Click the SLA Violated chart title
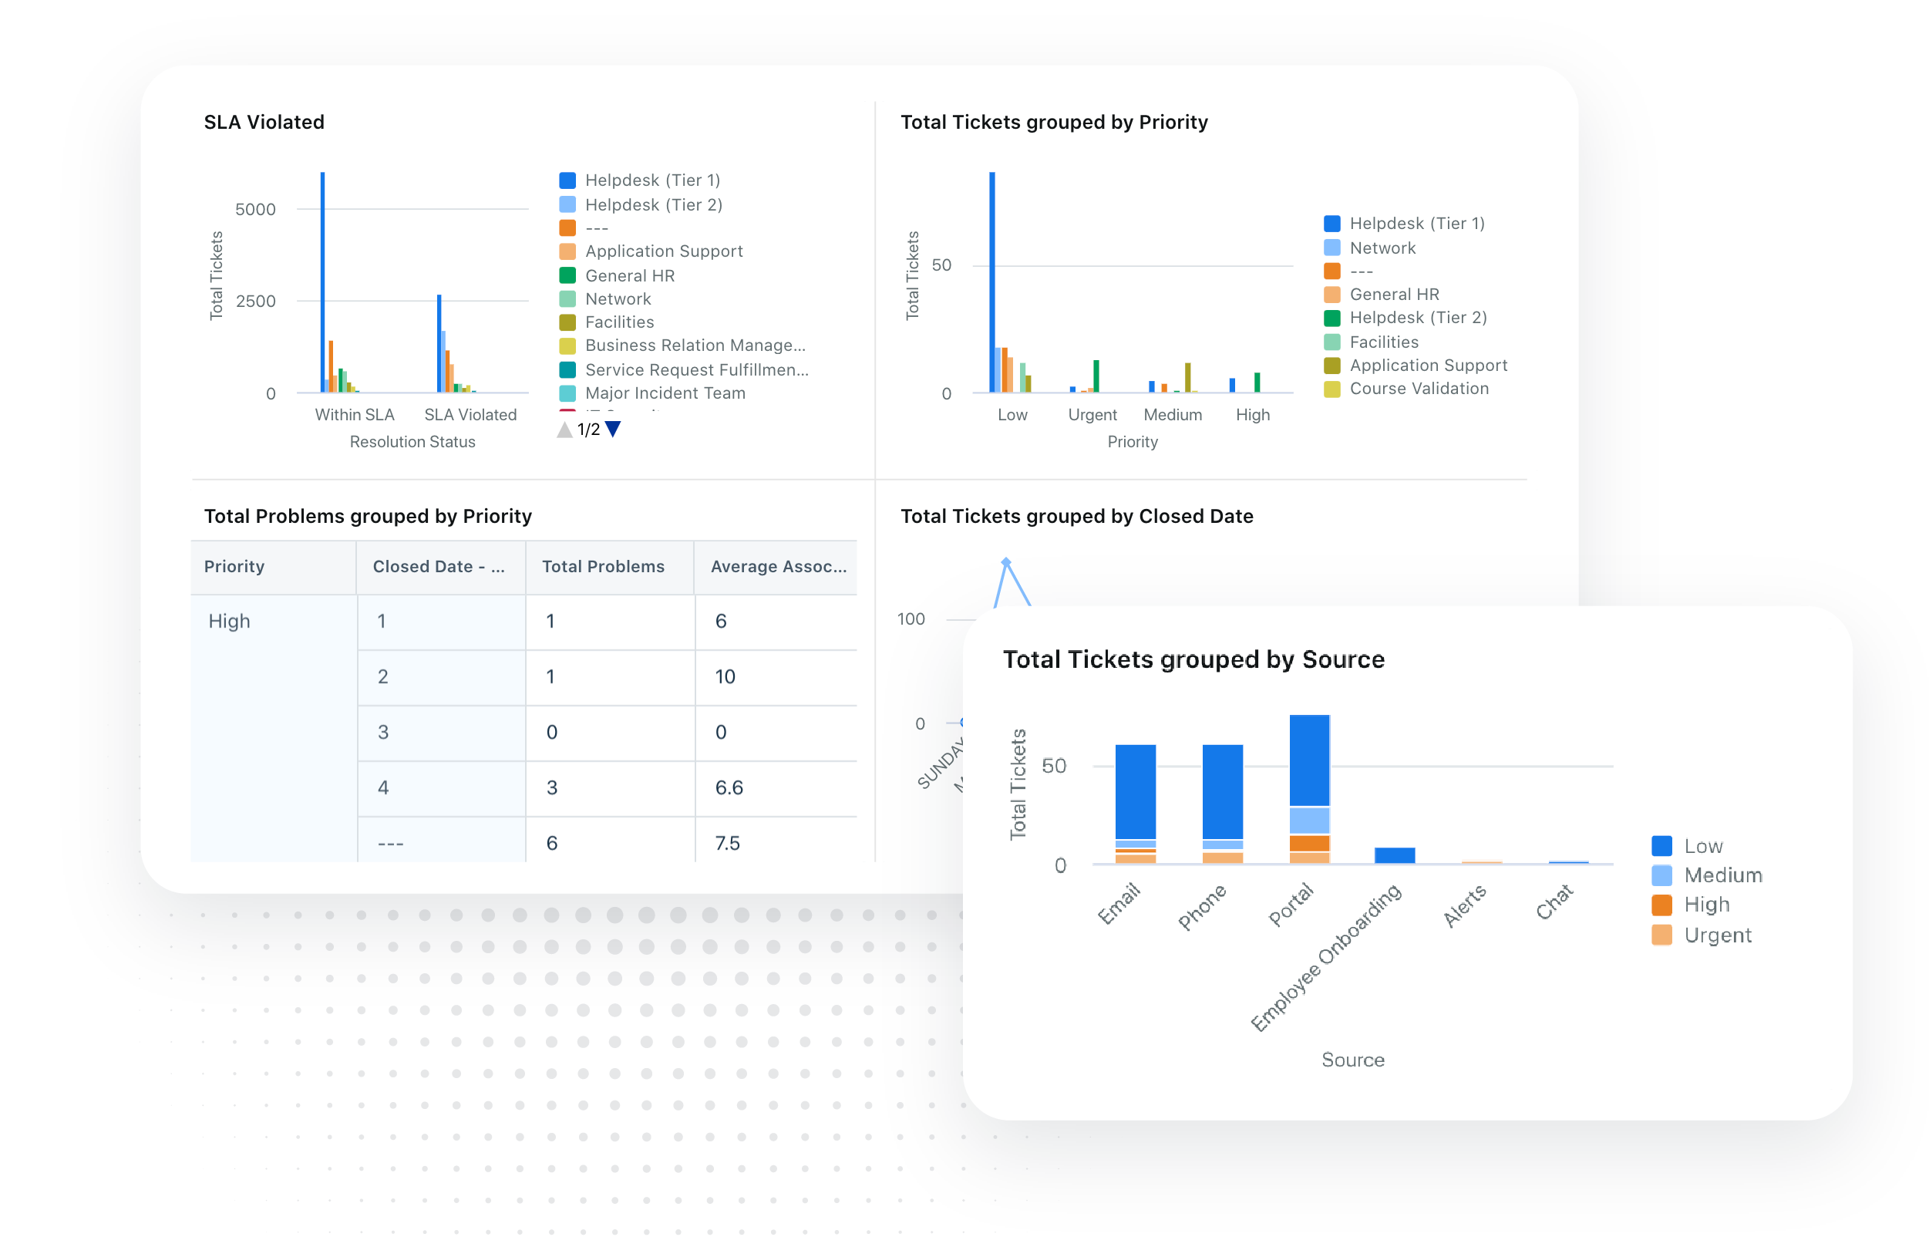(264, 122)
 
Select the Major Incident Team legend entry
(664, 393)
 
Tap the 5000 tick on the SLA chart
(255, 210)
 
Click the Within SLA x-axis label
(354, 414)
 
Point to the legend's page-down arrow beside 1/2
(614, 429)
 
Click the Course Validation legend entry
(1419, 389)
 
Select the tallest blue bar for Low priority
(991, 281)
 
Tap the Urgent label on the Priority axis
(1092, 414)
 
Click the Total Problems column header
(603, 566)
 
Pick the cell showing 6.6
(729, 787)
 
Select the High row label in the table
(230, 621)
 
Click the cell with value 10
(725, 676)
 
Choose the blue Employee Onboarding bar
(1394, 854)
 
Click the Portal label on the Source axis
(1291, 904)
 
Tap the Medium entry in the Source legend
(1722, 875)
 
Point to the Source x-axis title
(1352, 1060)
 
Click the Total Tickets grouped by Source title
(1193, 659)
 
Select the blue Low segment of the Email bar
(1135, 791)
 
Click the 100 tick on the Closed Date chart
(911, 619)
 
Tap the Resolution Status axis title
(412, 442)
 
